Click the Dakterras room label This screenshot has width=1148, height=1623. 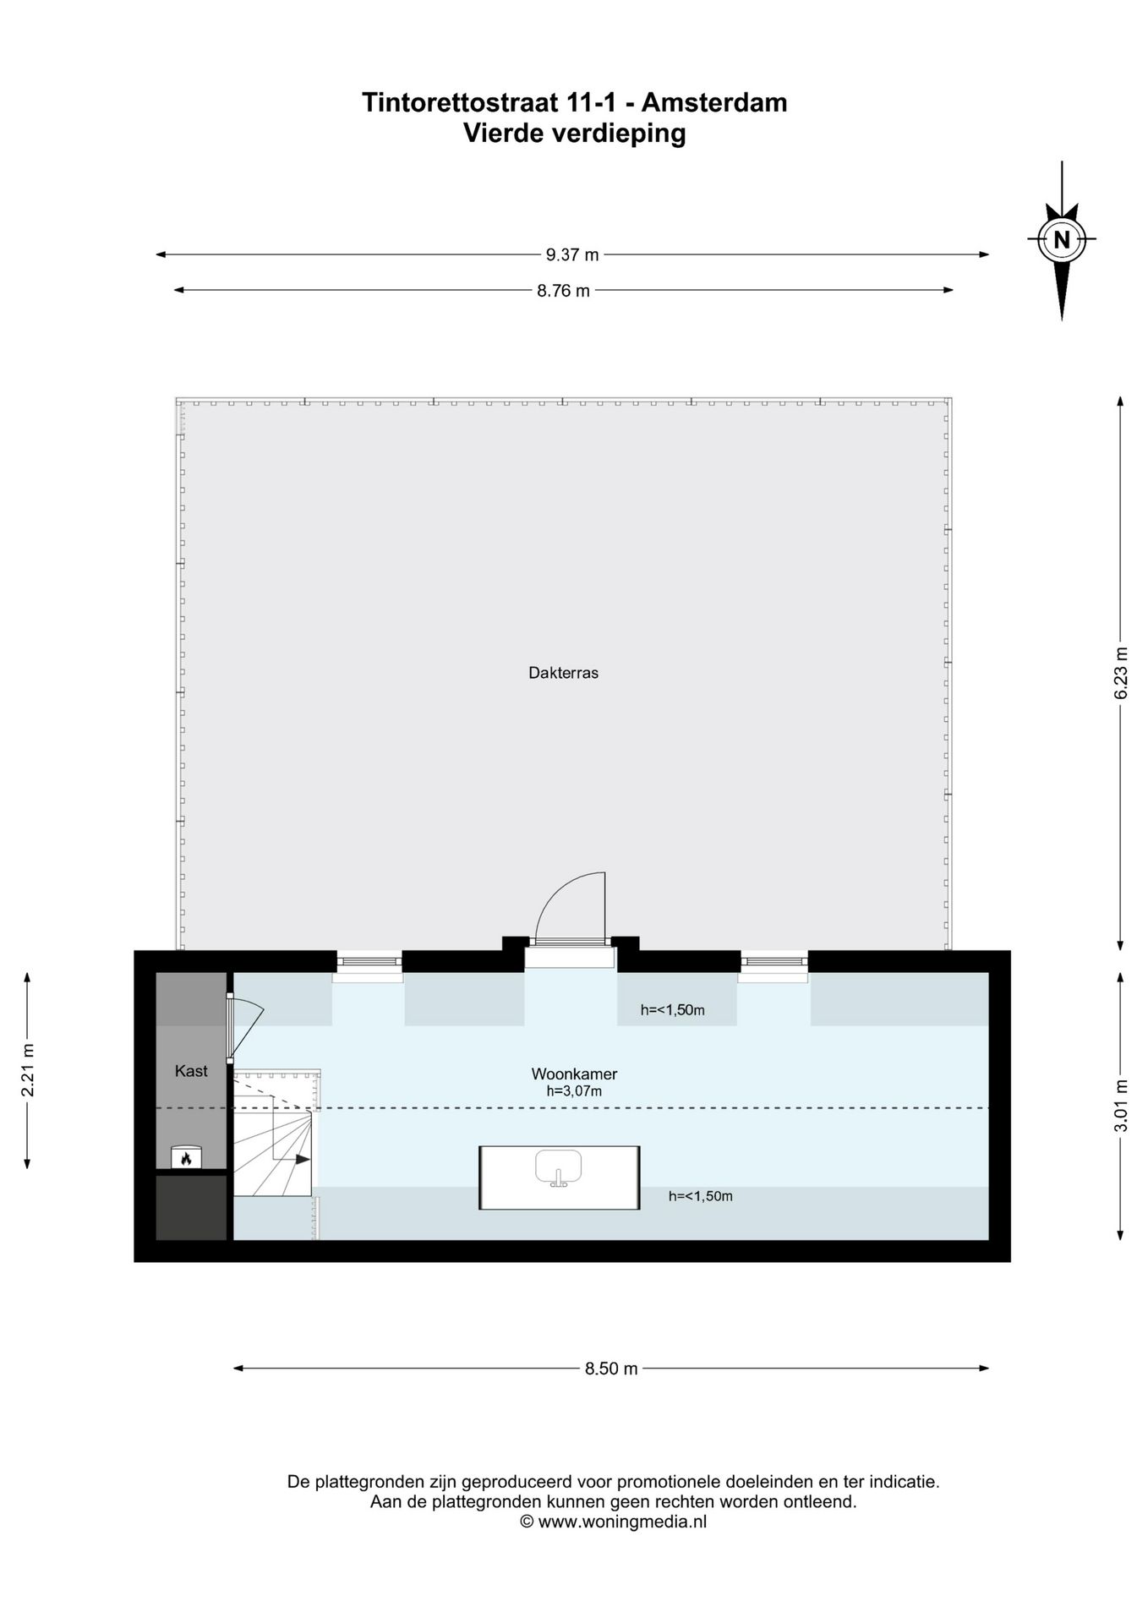[x=563, y=673]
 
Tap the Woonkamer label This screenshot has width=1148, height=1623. [x=574, y=1074]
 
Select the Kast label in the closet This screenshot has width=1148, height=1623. [x=191, y=1071]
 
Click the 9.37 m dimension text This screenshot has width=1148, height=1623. [x=572, y=254]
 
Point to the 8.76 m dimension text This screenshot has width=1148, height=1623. [x=564, y=291]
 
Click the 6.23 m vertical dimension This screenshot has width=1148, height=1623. [x=1121, y=673]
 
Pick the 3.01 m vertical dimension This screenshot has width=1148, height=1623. [x=1121, y=1106]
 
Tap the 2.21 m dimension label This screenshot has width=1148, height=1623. [x=28, y=1069]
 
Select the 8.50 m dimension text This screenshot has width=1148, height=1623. [x=611, y=1368]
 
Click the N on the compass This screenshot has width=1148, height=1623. [x=1062, y=239]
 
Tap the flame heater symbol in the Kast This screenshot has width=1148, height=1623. [x=186, y=1157]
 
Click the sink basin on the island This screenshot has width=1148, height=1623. [x=559, y=1167]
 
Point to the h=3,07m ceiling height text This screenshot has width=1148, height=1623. [x=574, y=1091]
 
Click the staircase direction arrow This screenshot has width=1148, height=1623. [x=301, y=1160]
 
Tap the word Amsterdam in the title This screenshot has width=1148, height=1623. [x=714, y=102]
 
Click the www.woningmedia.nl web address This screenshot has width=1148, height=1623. [x=621, y=1522]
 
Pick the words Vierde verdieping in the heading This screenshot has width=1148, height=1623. [x=574, y=134]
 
